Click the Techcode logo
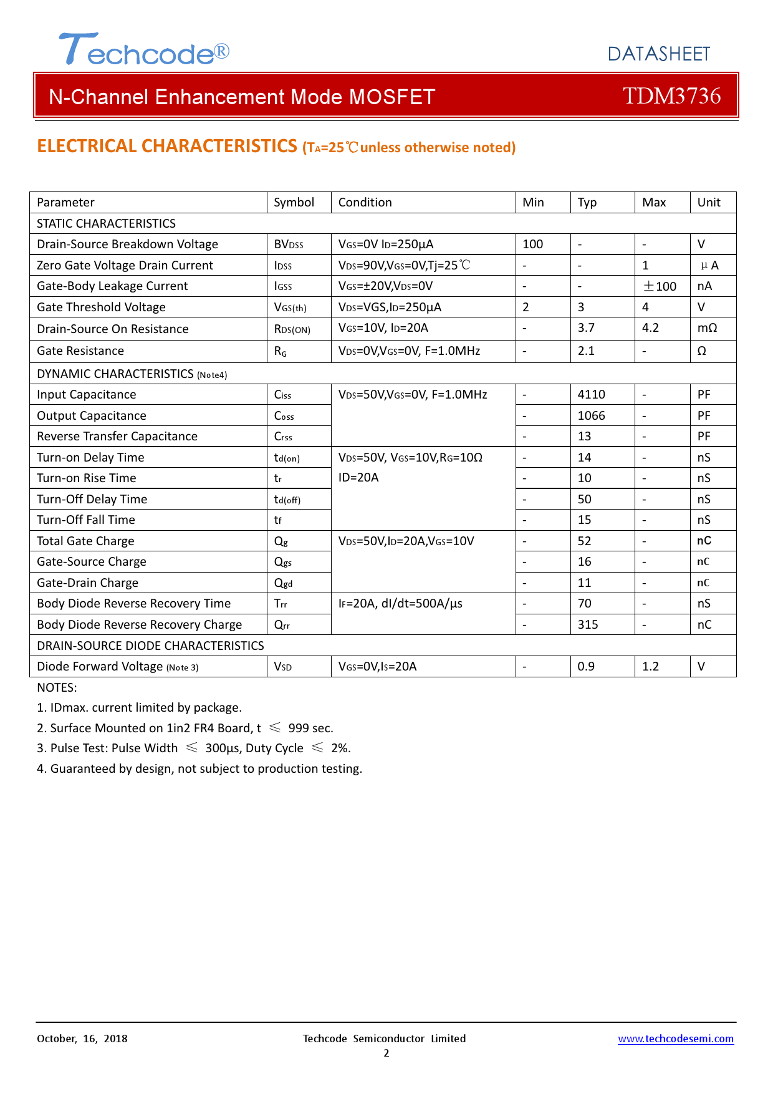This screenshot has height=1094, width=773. click(144, 50)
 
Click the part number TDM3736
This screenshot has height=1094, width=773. click(671, 96)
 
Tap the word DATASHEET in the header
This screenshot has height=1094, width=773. click(658, 54)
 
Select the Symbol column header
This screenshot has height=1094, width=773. click(294, 202)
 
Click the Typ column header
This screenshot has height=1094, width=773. click(587, 202)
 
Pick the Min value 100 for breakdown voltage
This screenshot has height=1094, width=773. click(532, 244)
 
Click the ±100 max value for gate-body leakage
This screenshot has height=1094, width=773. click(660, 286)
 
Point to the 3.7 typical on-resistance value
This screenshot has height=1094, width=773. click(586, 328)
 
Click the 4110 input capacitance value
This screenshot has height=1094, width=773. click(591, 394)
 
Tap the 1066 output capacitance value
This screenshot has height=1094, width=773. click(591, 415)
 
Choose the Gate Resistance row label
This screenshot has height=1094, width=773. click(80, 351)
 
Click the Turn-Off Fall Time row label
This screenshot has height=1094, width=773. click(86, 520)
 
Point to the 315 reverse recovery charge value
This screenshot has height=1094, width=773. click(587, 624)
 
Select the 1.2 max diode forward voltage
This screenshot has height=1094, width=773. click(650, 666)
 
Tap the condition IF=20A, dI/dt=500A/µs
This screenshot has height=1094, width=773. click(400, 603)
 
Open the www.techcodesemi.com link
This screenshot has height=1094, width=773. click(675, 1038)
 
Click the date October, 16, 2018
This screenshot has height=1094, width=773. click(82, 1038)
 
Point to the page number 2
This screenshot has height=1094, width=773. click(386, 1053)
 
